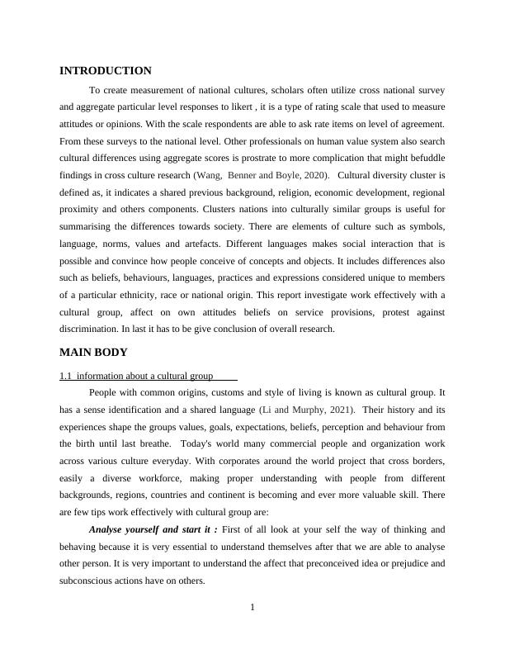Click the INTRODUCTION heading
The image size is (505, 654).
106,71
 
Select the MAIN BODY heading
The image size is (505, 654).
93,352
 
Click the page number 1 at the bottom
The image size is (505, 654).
252,609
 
